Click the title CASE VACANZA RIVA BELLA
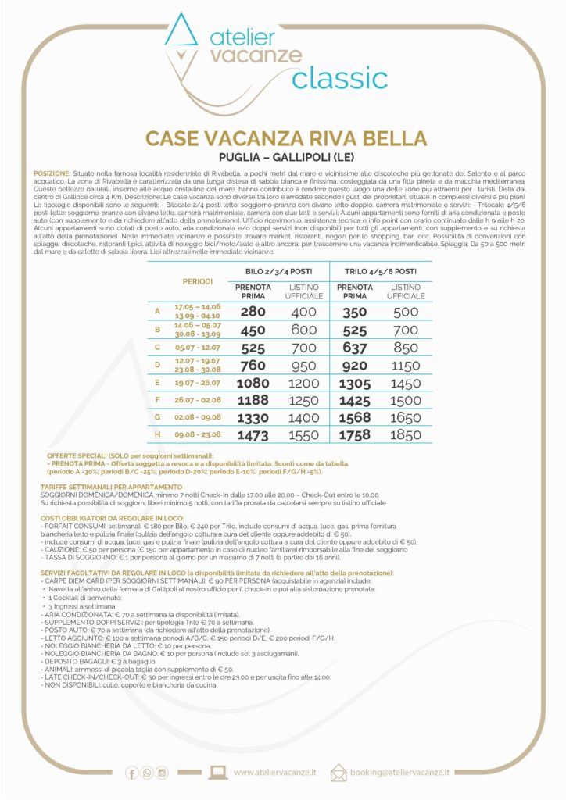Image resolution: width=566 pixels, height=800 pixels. tap(286, 139)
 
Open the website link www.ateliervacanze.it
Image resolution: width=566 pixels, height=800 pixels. tap(275, 772)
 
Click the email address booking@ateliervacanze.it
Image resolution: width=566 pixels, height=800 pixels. tap(400, 772)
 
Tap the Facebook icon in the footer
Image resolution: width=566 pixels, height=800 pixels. tap(131, 773)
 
